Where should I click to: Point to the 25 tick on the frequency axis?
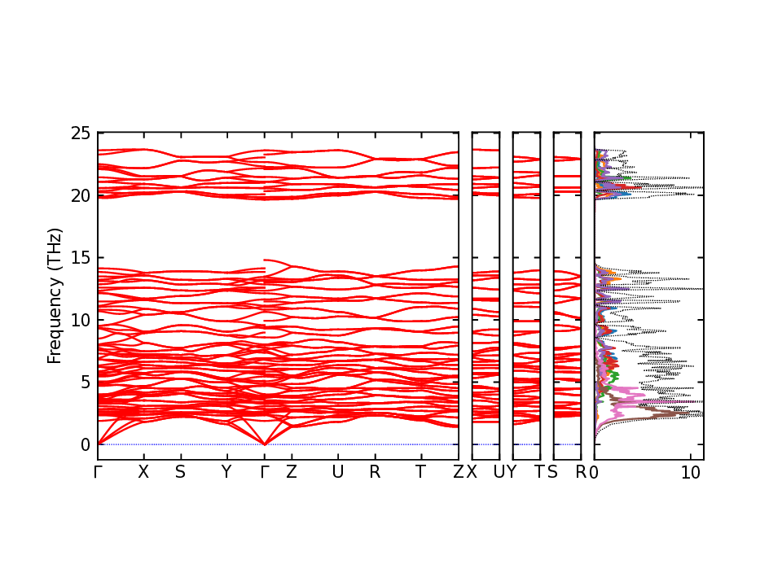[81, 133]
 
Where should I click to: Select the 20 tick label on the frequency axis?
[81, 195]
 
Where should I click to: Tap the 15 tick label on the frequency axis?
[81, 257]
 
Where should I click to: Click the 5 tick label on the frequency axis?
[86, 382]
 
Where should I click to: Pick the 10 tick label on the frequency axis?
[81, 320]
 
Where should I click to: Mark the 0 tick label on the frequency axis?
[86, 444]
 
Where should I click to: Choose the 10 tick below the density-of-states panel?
[691, 472]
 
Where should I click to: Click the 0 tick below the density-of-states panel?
[595, 472]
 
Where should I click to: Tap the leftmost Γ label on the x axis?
[98, 472]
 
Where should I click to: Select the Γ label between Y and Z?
[264, 472]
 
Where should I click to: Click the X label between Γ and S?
[143, 472]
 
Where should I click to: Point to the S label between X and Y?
[180, 472]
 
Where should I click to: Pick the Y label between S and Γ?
[226, 472]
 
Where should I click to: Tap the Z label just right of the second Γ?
[291, 472]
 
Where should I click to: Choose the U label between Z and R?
[337, 472]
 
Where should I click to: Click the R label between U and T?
[375, 472]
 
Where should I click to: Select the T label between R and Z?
[420, 472]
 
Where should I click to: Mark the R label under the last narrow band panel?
[581, 472]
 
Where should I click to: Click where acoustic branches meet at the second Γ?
[264, 444]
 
